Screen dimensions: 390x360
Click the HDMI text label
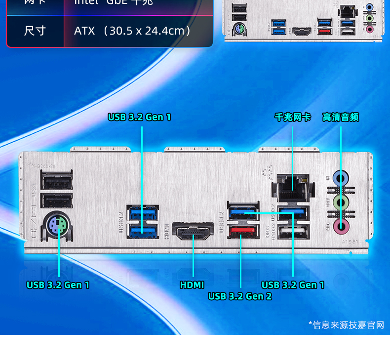192,285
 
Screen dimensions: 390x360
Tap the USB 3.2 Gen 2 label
240,296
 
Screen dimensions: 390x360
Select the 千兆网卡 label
292,117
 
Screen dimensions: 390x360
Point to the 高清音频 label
341,117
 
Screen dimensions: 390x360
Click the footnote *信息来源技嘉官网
346,325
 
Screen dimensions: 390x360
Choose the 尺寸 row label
35,31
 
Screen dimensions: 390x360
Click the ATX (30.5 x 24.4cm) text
133,31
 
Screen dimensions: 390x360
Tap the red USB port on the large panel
242,230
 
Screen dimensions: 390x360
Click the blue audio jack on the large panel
340,177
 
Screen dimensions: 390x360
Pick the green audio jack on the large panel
340,202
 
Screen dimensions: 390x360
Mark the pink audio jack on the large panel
340,227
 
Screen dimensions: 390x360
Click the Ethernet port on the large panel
292,187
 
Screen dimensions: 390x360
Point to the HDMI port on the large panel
193,231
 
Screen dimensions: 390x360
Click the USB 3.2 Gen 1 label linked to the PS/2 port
58,285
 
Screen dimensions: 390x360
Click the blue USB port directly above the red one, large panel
242,211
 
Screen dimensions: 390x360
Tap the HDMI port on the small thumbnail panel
301,31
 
